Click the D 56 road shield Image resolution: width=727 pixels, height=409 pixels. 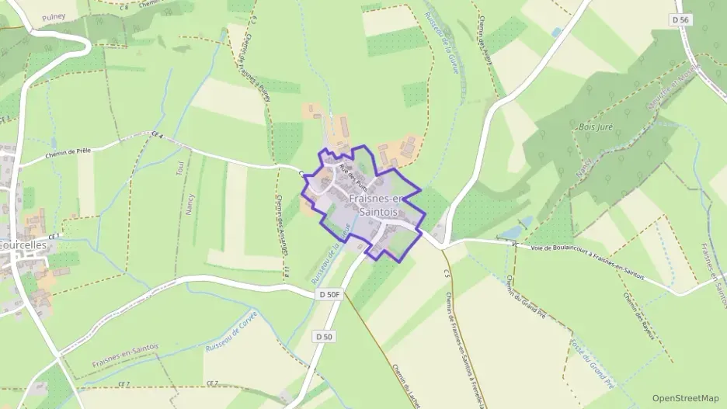click(681, 19)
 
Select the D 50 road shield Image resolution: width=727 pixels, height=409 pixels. click(324, 336)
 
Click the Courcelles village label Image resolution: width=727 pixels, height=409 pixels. click(23, 244)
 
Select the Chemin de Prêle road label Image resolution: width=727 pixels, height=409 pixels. click(68, 153)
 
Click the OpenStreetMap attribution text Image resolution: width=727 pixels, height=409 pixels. click(686, 398)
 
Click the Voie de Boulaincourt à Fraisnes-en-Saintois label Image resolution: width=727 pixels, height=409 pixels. click(588, 249)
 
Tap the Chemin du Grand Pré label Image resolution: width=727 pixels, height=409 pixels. click(518, 299)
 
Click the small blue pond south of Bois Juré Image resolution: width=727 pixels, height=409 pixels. click(512, 232)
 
